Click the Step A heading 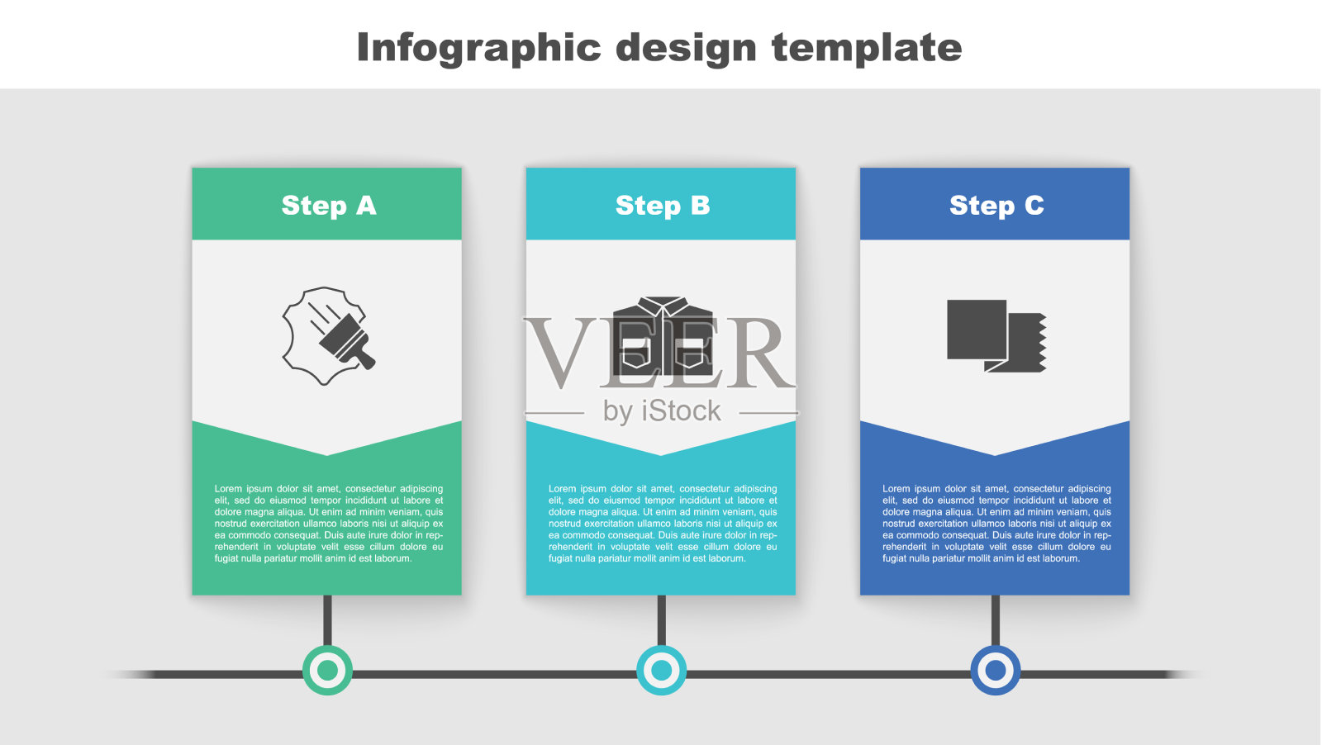coord(329,206)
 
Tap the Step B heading coord(662,206)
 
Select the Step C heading coord(996,206)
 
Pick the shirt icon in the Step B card coord(662,336)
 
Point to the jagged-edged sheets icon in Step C coord(996,335)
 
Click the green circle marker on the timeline coord(327,670)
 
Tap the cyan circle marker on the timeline coord(662,670)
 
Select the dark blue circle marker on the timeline coord(996,670)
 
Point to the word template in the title coord(867,47)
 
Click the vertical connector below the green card coord(327,620)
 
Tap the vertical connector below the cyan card coord(662,620)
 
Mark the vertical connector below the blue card coord(996,620)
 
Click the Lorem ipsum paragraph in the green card coord(329,523)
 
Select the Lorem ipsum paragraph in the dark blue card coord(996,523)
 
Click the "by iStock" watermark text coord(662,411)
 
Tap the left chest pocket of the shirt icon coord(637,353)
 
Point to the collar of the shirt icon coord(662,305)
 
